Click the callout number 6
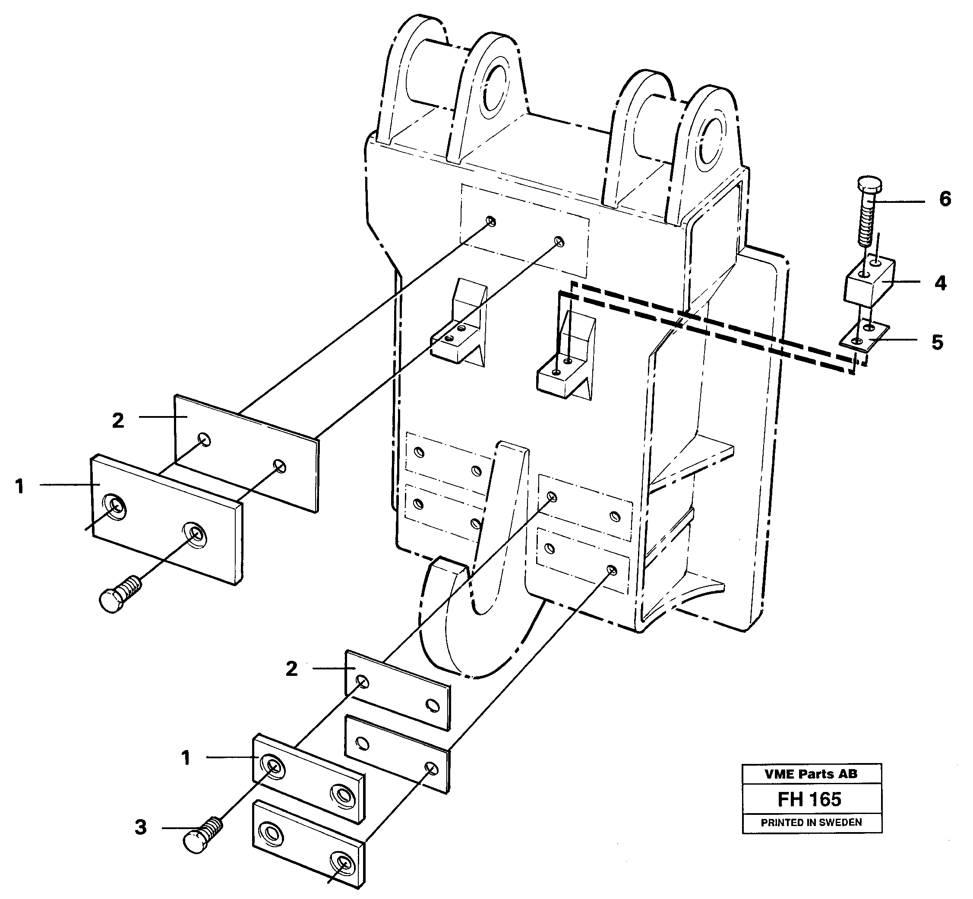pos(945,199)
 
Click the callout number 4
pos(940,283)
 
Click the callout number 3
pos(141,827)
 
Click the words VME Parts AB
pos(811,774)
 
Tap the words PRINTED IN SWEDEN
pos(811,823)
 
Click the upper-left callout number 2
pos(118,421)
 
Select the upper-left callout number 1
pos(19,486)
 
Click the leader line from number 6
pos(900,202)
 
